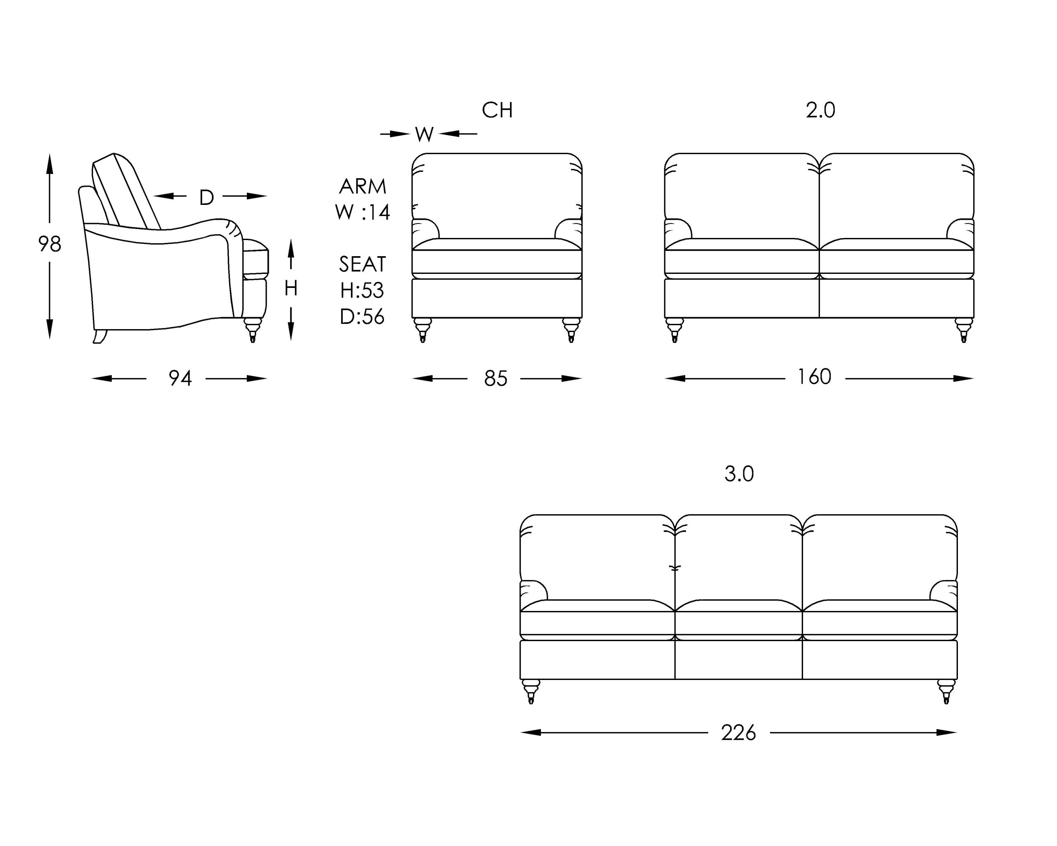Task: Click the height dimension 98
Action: pos(50,244)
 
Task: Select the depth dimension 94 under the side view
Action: pos(180,378)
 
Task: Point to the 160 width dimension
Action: pos(814,377)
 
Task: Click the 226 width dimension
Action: pos(738,733)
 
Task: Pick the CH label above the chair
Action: pos(497,110)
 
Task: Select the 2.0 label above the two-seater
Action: pos(820,110)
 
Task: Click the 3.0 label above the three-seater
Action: pos(739,474)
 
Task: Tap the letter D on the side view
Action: pos(206,197)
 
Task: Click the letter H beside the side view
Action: pos(291,288)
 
